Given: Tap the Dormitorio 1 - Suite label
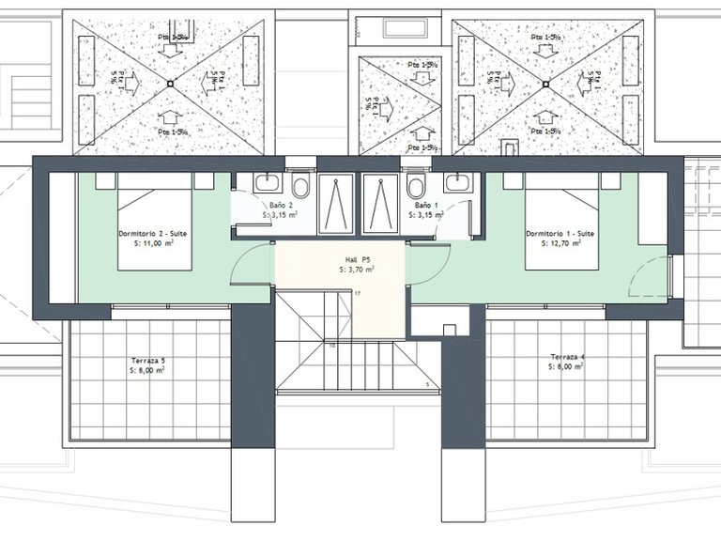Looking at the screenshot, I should pyautogui.click(x=560, y=233).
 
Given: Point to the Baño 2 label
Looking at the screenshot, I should pyautogui.click(x=281, y=205).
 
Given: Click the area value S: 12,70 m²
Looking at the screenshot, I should pyautogui.click(x=560, y=243).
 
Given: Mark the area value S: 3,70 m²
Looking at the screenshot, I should pyautogui.click(x=357, y=270).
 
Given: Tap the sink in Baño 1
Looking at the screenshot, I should pyautogui.click(x=458, y=181).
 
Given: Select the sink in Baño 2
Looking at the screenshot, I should pyautogui.click(x=266, y=181).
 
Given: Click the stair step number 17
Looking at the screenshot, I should pyautogui.click(x=358, y=294).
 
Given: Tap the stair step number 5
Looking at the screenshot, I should pyautogui.click(x=427, y=384).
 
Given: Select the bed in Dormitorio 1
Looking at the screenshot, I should pyautogui.click(x=560, y=221).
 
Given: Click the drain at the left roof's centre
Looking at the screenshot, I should pyautogui.click(x=170, y=84).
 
